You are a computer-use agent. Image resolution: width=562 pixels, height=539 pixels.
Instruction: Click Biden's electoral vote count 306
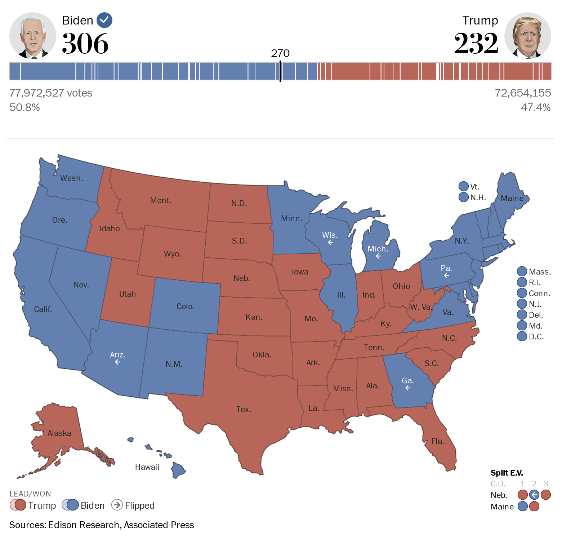85,44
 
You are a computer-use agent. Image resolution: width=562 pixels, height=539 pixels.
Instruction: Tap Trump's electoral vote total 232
476,44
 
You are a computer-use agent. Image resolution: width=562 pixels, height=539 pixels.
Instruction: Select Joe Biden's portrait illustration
33,36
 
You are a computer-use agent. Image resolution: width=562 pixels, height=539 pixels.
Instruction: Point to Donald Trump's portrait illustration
527,36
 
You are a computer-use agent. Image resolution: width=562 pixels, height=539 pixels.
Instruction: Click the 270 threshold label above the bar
280,53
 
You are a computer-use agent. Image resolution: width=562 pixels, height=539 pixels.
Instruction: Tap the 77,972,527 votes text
51,93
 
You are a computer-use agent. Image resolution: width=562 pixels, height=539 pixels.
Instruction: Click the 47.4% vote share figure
535,107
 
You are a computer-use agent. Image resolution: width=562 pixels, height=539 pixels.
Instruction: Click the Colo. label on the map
186,306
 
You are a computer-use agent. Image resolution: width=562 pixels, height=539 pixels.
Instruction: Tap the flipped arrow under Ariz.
117,362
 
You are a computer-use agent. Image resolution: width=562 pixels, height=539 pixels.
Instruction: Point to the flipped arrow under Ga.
408,388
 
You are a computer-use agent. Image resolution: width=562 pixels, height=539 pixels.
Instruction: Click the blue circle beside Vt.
463,186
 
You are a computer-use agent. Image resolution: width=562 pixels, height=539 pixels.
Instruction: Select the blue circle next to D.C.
522,336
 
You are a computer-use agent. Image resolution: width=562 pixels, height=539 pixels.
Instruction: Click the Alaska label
59,433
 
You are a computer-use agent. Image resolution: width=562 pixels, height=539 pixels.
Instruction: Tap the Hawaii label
147,467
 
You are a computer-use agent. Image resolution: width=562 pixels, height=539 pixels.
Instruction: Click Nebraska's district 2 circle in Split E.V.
534,495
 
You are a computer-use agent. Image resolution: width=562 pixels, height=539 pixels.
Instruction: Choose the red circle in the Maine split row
534,506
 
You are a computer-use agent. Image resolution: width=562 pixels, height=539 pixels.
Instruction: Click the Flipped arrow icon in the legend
117,505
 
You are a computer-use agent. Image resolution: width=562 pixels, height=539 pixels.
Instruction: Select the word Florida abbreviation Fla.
438,441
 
